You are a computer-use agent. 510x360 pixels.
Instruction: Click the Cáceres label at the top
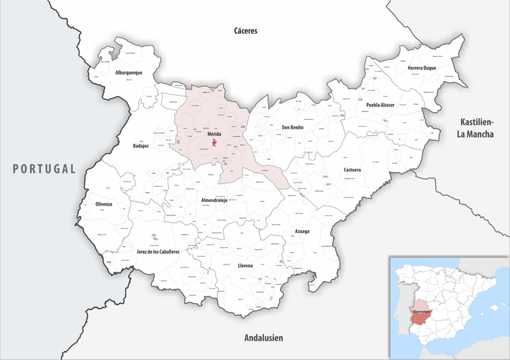point(245,31)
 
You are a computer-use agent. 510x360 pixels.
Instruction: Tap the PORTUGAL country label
point(43,169)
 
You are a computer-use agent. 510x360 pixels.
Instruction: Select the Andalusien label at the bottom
point(263,338)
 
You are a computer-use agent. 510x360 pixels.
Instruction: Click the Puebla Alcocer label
point(381,104)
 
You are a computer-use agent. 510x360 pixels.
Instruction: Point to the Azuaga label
point(302,231)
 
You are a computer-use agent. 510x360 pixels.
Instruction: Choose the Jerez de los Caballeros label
point(158,252)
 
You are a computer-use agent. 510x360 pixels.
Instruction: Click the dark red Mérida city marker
point(215,144)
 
